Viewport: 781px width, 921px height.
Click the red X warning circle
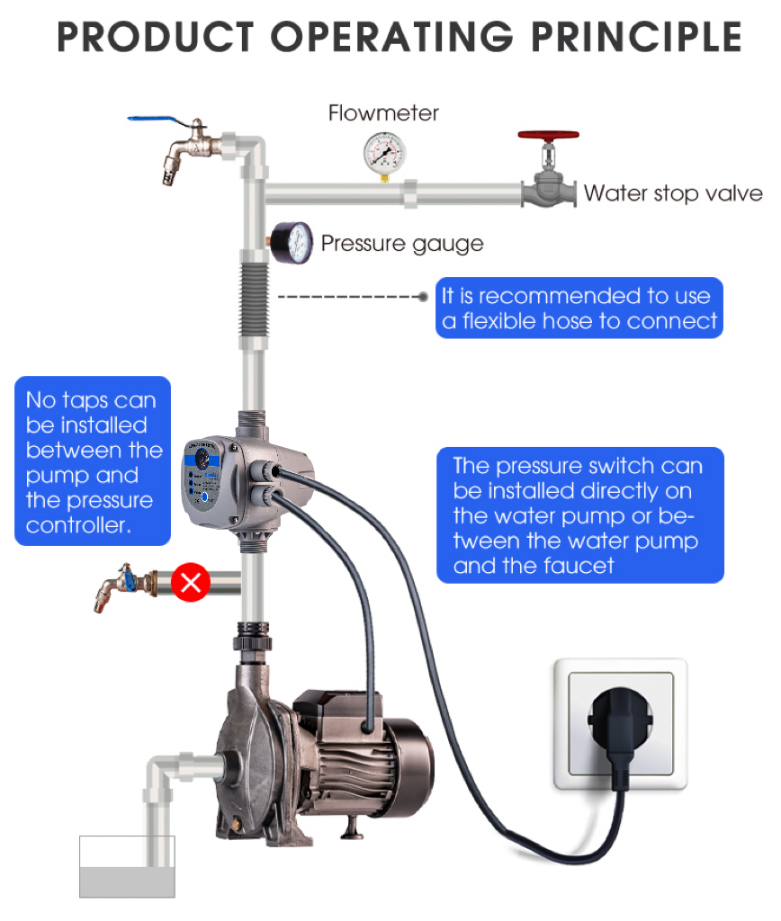pyautogui.click(x=190, y=583)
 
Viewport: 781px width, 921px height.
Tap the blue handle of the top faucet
pyautogui.click(x=149, y=121)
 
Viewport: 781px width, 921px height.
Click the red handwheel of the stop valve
pyautogui.click(x=548, y=137)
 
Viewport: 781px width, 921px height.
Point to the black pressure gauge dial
pyautogui.click(x=292, y=243)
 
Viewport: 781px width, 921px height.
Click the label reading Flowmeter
pyautogui.click(x=383, y=113)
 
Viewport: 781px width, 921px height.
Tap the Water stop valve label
pyautogui.click(x=672, y=193)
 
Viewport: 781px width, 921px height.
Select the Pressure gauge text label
pyautogui.click(x=401, y=243)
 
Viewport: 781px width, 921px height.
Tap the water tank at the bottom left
pyautogui.click(x=127, y=867)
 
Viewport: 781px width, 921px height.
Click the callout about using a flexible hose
pyautogui.click(x=580, y=308)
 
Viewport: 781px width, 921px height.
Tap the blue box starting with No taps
pyautogui.click(x=92, y=461)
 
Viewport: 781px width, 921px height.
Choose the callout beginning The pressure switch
pyautogui.click(x=579, y=514)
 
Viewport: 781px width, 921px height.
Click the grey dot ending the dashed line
pyautogui.click(x=424, y=296)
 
